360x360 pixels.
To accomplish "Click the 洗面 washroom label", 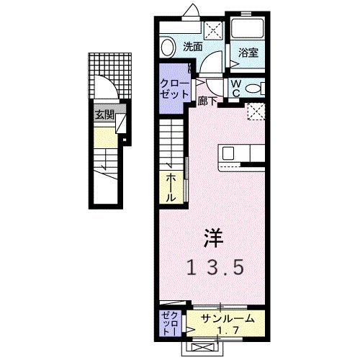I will (x=192, y=47).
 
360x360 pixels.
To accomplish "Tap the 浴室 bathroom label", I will (x=249, y=52).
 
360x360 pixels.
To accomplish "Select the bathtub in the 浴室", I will (x=249, y=28).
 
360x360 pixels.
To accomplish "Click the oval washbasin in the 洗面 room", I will (x=168, y=48).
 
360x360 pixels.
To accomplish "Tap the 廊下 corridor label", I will (x=207, y=102).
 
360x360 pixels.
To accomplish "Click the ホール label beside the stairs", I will (x=171, y=186).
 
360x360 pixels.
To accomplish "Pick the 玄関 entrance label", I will (x=104, y=114).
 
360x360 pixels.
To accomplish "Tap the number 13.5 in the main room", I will (x=215, y=268).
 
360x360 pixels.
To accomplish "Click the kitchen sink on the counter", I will (x=228, y=153).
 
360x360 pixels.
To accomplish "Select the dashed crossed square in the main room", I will (x=255, y=110).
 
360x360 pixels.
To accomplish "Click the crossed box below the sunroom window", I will (x=204, y=347).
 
